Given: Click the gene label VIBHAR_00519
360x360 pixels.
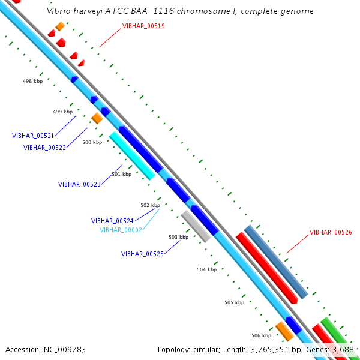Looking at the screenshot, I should [143, 26].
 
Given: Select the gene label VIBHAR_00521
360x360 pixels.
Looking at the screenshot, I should [33, 136].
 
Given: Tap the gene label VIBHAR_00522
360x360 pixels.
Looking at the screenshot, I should [44, 148].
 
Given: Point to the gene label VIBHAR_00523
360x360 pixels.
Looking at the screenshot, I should [79, 184].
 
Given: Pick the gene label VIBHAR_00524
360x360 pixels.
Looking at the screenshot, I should [112, 221].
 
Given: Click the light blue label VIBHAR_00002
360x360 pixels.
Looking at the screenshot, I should [121, 230].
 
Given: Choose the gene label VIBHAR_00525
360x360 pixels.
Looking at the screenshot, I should [142, 254].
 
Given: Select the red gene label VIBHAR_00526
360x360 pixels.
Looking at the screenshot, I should [331, 232].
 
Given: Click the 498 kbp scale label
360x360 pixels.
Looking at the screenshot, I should [32, 81].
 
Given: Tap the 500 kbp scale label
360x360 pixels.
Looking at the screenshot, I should [92, 142].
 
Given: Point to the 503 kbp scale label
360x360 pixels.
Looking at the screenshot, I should [178, 237].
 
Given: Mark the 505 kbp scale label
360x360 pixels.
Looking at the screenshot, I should [234, 302].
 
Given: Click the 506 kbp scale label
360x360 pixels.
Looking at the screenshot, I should [261, 335].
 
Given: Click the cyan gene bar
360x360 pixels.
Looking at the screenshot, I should [131, 155].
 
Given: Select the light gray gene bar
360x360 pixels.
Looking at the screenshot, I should [196, 226].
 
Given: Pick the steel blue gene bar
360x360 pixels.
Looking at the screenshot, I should [276, 262].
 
